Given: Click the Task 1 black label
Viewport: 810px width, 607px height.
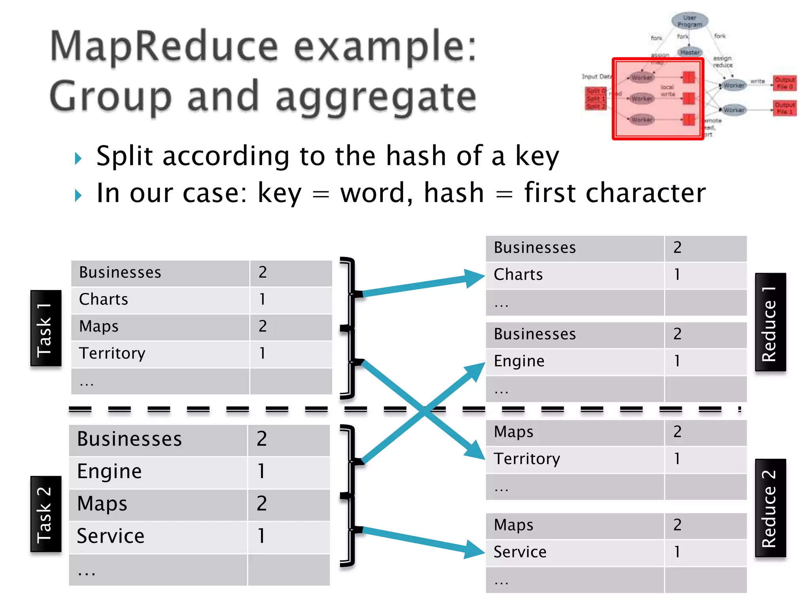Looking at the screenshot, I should (46, 328).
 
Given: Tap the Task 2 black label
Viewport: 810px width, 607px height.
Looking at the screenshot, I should (46, 514).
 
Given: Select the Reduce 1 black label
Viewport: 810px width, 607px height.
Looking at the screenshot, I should (770, 322).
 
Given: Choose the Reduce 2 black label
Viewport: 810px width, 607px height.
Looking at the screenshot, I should (770, 508).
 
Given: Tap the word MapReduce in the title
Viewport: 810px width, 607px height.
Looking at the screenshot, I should (164, 47).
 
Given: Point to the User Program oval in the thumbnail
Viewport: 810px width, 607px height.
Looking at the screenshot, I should (690, 21).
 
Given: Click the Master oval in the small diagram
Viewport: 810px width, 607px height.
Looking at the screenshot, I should (690, 52).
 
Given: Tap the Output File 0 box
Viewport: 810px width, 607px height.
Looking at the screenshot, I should (785, 83).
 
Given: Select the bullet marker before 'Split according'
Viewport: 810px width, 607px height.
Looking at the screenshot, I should (78, 158).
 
